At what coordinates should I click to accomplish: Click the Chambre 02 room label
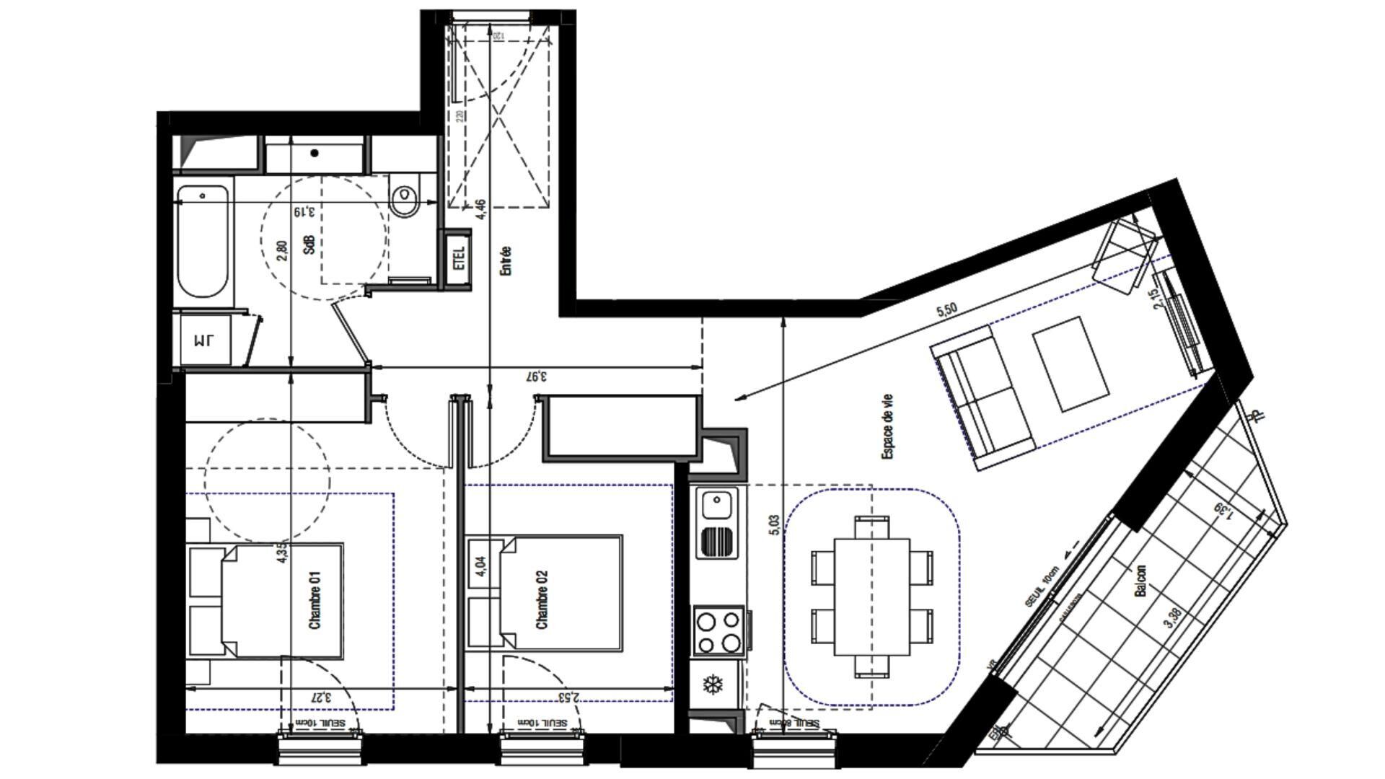pyautogui.click(x=542, y=599)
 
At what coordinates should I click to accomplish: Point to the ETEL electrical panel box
pyautogui.click(x=459, y=257)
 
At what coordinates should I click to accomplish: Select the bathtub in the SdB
pyautogui.click(x=203, y=241)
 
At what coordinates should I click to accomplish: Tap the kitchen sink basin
pyautogui.click(x=718, y=504)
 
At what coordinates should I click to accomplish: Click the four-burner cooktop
pyautogui.click(x=718, y=632)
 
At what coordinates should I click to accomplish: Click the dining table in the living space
pyautogui.click(x=871, y=597)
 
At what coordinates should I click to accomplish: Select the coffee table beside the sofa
pyautogui.click(x=1071, y=364)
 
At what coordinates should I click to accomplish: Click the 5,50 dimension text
pyautogui.click(x=946, y=311)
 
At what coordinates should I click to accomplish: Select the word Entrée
pyautogui.click(x=506, y=260)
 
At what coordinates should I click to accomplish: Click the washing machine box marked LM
pyautogui.click(x=205, y=340)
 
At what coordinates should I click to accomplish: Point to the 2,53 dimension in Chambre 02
pyautogui.click(x=569, y=697)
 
